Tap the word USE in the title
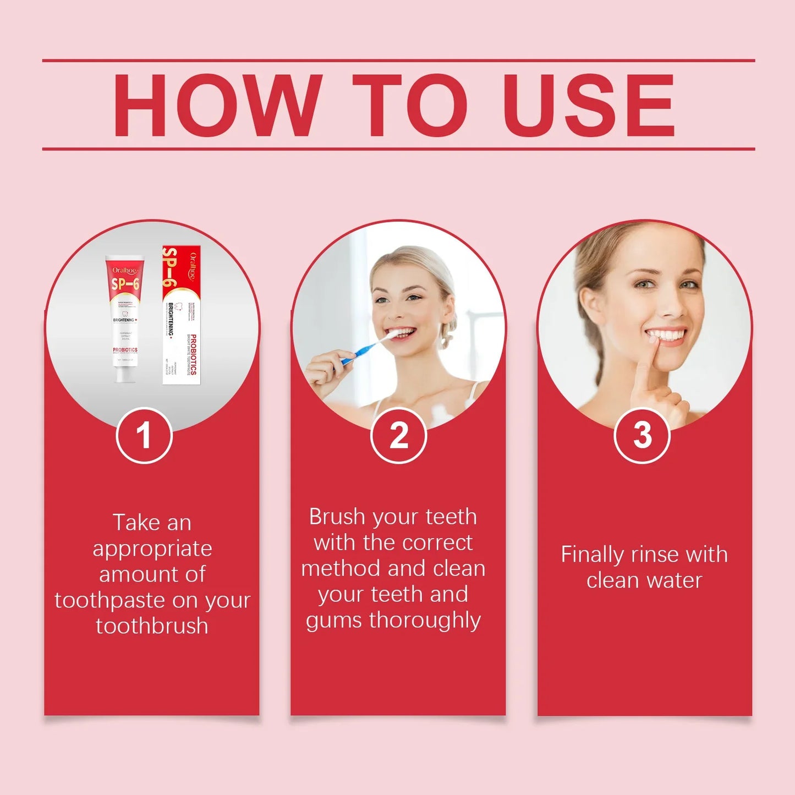588,105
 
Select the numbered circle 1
144,436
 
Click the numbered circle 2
398,436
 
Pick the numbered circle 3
642,436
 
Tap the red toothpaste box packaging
182,315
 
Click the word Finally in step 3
592,555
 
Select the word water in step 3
675,580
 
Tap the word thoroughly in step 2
425,620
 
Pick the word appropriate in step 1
152,549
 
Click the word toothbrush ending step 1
152,626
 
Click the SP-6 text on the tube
125,284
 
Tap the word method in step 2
336,568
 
